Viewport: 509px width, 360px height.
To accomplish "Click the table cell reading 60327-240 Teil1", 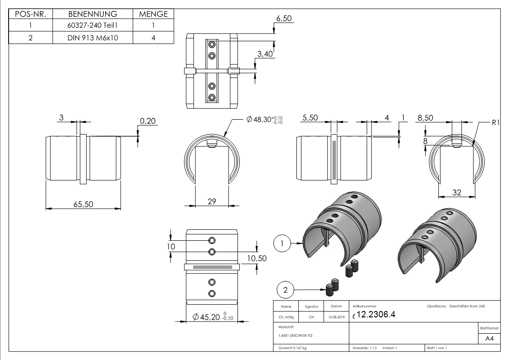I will [92, 26].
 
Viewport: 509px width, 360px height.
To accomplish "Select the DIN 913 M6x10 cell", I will [92, 38].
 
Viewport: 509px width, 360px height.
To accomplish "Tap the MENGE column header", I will [153, 14].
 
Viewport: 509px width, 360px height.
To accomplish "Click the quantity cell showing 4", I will [153, 38].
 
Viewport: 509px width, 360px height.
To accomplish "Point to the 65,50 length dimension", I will [83, 204].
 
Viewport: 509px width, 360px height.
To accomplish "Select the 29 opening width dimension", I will [212, 201].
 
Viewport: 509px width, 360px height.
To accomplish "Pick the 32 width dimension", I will [457, 193].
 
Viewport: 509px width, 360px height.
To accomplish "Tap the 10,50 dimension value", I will [256, 258].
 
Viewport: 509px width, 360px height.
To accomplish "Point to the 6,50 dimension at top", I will [284, 19].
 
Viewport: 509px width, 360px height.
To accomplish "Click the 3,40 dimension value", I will [265, 54].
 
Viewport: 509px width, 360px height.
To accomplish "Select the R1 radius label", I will [495, 122].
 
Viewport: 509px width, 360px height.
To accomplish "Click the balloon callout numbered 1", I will [282, 243].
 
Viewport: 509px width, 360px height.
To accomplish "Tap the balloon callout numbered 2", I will [285, 290].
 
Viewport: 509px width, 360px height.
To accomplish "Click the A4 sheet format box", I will [489, 339].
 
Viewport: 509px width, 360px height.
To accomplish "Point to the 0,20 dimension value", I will [147, 121].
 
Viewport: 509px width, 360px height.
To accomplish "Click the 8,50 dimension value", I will [425, 118].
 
